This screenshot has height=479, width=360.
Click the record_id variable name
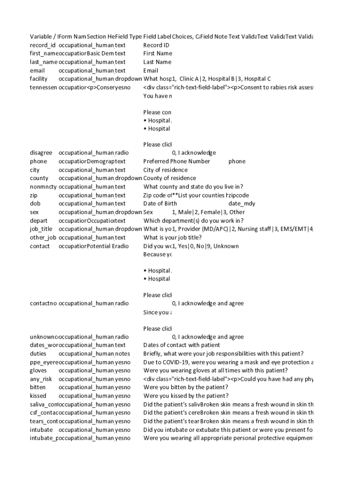click(x=43, y=45)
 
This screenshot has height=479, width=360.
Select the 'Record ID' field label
click(x=156, y=45)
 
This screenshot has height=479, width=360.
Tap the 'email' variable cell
click(x=37, y=71)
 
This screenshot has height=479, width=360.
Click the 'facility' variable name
click(x=38, y=79)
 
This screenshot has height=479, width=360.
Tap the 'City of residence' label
click(x=166, y=170)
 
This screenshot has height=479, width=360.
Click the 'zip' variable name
click(x=34, y=195)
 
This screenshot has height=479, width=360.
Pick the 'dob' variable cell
click(x=35, y=203)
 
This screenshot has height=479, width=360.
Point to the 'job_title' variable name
click(x=41, y=229)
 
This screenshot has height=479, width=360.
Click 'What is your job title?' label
click(x=173, y=237)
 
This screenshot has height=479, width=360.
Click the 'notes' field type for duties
click(x=123, y=354)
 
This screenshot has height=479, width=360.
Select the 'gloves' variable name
click(x=38, y=370)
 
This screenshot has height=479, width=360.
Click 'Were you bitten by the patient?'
click(x=186, y=387)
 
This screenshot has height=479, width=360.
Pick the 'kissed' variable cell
click(x=38, y=396)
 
